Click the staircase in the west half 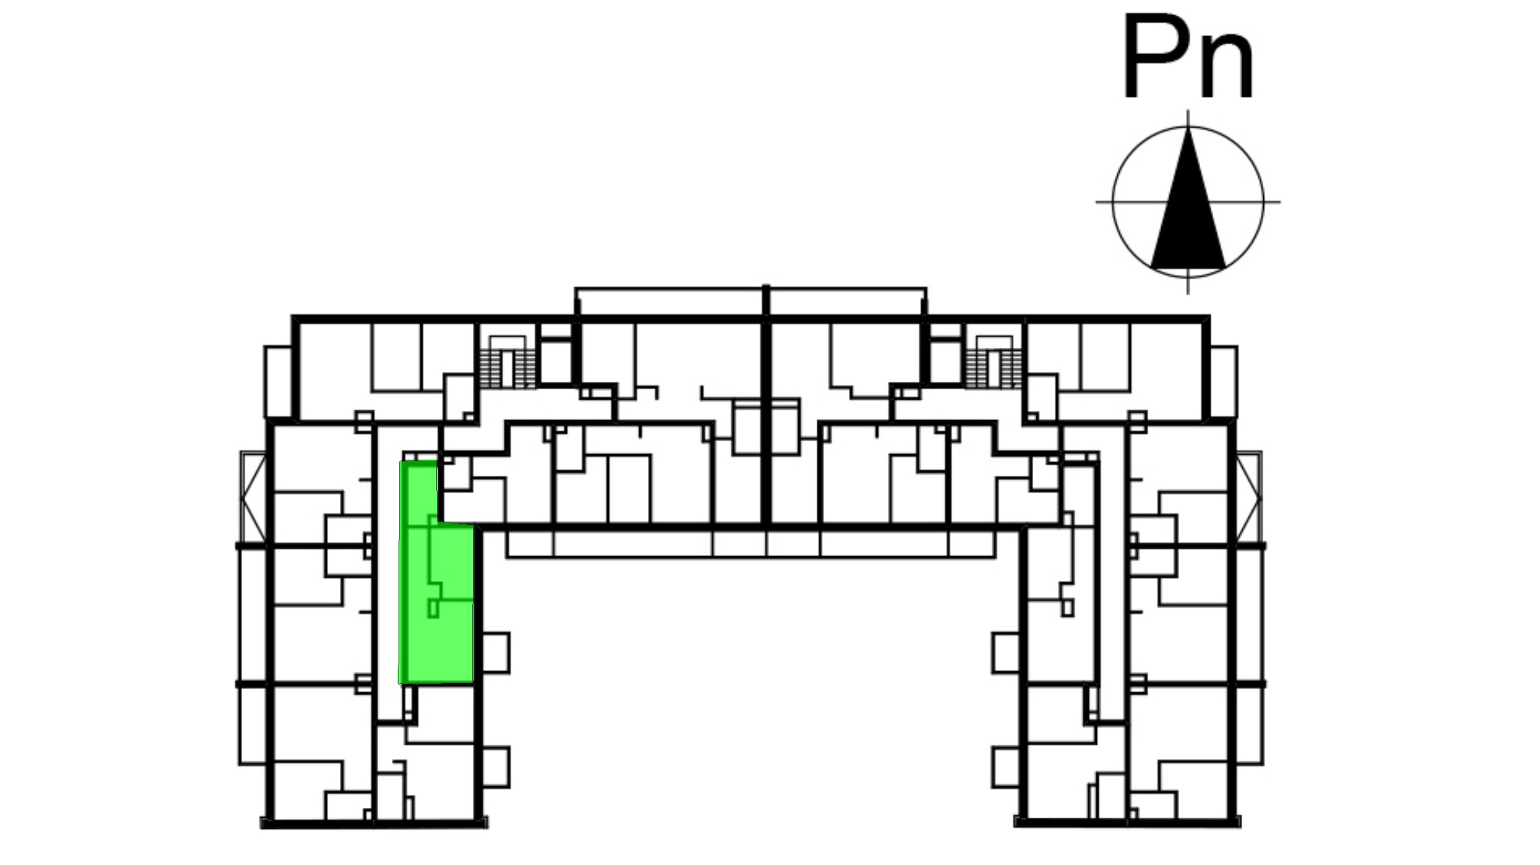click(508, 362)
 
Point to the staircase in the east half click(993, 362)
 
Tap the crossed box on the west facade click(253, 497)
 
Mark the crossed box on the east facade click(1249, 497)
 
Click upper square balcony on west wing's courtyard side click(495, 652)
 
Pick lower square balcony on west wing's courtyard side click(495, 767)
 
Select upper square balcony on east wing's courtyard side click(1007, 652)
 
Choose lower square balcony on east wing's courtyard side click(1007, 767)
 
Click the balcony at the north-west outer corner click(278, 381)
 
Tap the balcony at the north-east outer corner click(1223, 381)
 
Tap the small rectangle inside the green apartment click(433, 609)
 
